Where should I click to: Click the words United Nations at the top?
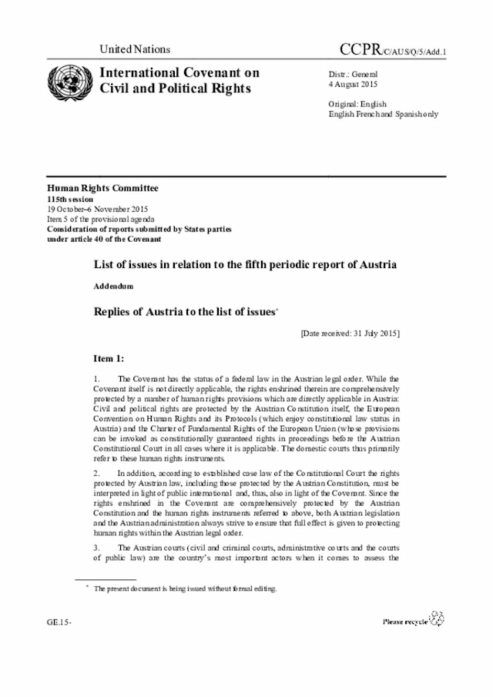coord(135,49)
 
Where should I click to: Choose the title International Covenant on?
coord(174,73)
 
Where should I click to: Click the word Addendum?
coord(113,286)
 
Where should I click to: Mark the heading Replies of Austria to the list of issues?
coord(183,312)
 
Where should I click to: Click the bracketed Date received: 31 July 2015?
coord(350,333)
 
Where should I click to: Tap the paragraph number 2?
coord(96,471)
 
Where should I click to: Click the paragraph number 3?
coord(96,547)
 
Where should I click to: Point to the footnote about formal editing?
coord(185,588)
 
